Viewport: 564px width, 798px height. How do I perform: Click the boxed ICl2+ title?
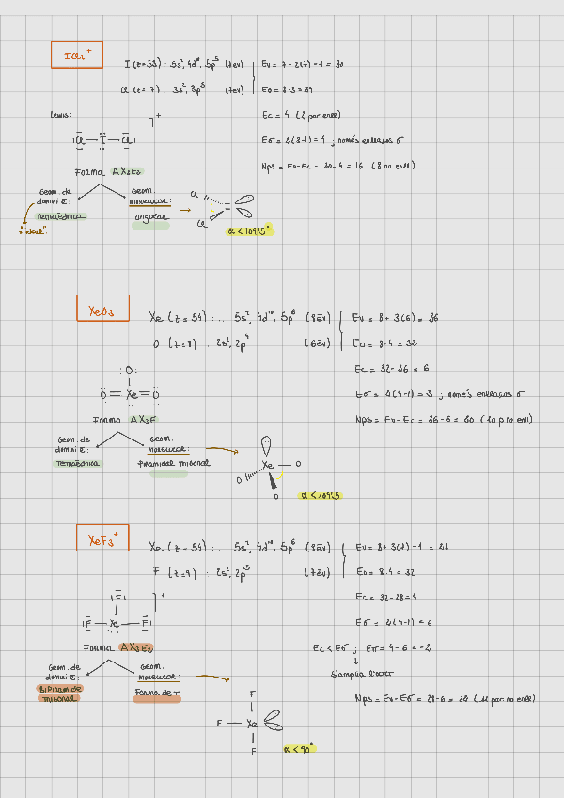coord(77,56)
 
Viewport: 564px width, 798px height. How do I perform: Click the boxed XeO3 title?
coord(102,309)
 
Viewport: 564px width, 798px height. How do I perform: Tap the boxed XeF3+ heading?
coord(102,539)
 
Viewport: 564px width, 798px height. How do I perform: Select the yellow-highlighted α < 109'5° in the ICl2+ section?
coord(249,229)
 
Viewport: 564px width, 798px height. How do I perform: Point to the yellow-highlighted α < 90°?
coord(299,749)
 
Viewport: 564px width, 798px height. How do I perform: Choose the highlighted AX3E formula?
coord(143,419)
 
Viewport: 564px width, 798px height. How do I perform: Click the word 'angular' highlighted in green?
coord(150,216)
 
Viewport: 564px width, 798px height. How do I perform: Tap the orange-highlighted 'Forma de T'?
coord(157,693)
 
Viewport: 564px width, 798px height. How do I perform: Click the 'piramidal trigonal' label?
coord(174,463)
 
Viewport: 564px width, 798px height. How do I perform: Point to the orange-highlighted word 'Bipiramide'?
coord(59,688)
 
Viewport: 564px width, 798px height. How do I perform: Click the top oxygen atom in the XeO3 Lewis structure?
coord(130,371)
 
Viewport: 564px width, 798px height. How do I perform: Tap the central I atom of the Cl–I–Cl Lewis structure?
coord(102,141)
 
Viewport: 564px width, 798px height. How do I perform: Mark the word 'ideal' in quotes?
coord(36,231)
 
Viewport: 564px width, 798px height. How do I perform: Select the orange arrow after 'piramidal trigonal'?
coord(222,451)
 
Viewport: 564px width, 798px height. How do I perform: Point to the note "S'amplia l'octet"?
coord(350,674)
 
